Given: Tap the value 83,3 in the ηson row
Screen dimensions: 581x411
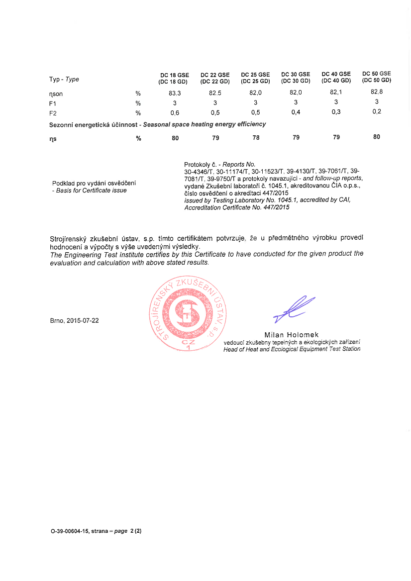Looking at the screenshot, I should click(175, 93).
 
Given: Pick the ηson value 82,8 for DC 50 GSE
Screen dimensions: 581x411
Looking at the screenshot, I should click(377, 92).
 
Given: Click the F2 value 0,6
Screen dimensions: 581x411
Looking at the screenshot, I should click(175, 113).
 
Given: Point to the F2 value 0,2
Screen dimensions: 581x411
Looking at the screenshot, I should click(377, 111).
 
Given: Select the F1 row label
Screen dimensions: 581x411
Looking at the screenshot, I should click(53, 103).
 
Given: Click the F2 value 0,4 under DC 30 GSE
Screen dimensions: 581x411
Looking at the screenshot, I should click(296, 112).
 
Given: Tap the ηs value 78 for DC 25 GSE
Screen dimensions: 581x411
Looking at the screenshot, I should click(256, 138).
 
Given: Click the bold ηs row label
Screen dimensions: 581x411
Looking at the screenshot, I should click(53, 139).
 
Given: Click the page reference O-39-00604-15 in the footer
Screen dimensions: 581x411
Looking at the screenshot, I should click(70, 531).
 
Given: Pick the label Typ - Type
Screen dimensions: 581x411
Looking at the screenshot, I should click(64, 79).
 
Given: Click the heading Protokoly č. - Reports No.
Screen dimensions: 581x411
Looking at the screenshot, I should click(219, 164).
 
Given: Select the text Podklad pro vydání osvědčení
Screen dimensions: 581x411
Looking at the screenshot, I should click(94, 183).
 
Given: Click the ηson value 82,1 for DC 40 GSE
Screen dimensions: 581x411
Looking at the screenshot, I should click(336, 92).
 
